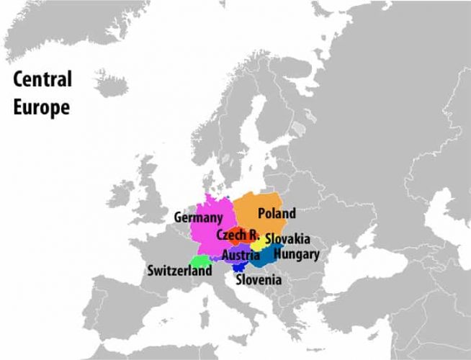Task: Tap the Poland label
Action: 277,213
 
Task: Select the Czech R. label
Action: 237,235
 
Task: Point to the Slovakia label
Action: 287,238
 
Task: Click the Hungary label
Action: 297,253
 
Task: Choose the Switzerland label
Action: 179,271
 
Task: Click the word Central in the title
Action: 42,79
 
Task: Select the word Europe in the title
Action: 40,107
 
